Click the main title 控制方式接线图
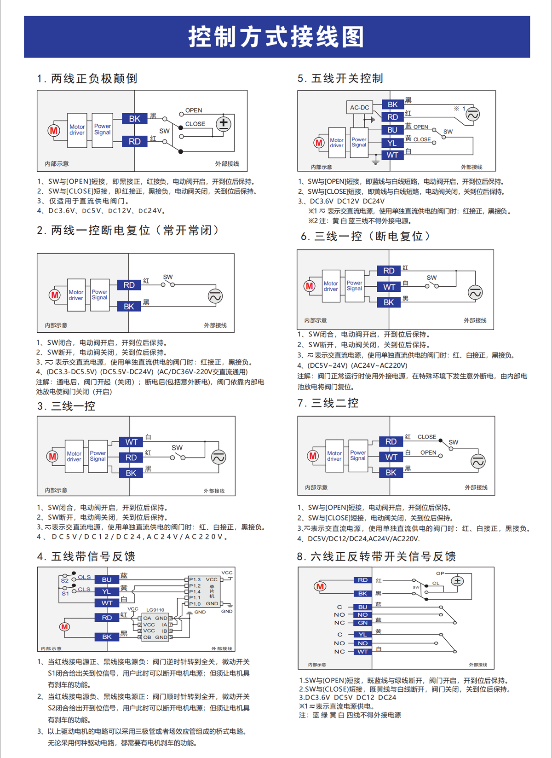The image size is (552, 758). (x=276, y=37)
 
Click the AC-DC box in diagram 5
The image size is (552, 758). (x=359, y=107)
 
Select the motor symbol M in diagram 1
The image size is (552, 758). (x=54, y=130)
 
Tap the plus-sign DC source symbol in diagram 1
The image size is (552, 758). (x=224, y=123)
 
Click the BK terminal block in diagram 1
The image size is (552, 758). (x=134, y=119)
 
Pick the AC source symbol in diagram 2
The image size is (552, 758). (x=215, y=296)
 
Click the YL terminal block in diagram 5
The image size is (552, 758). (x=392, y=143)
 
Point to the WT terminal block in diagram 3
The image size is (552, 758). (x=131, y=442)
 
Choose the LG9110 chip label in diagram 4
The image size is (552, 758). (x=155, y=609)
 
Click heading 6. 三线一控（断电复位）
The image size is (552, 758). (x=366, y=236)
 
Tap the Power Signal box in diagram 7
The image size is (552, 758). (x=358, y=456)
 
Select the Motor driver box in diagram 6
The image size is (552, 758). (x=331, y=286)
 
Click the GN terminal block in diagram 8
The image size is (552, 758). (x=362, y=623)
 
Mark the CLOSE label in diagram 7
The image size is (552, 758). (x=426, y=437)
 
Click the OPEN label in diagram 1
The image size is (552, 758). (x=194, y=110)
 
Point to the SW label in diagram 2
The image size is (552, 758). (x=168, y=277)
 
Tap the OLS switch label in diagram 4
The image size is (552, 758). (x=84, y=577)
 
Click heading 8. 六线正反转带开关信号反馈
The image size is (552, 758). (x=376, y=556)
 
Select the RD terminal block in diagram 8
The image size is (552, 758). (x=362, y=580)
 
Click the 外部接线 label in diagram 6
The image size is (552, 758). (x=475, y=320)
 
